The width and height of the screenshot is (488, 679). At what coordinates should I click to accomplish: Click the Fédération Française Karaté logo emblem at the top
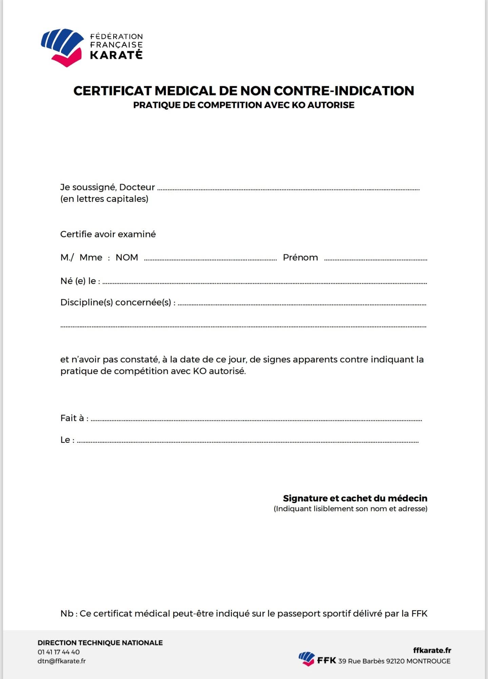coord(62,47)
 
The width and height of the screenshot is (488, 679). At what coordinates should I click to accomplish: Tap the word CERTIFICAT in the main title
coord(112,91)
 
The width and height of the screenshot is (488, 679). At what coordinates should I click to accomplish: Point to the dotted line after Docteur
coord(288,189)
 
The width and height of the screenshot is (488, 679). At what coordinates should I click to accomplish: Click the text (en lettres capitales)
coord(104,199)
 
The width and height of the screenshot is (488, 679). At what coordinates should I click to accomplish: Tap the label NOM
coord(127,258)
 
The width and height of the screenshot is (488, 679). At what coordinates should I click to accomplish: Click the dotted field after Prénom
coord(375,259)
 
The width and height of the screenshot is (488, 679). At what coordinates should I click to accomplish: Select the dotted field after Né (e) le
coord(264,283)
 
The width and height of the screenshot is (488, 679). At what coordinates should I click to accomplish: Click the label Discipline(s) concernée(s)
coord(118,302)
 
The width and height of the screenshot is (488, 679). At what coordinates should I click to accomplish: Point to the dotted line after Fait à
coord(256,420)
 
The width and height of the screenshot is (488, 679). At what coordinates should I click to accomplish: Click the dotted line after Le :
coord(247,442)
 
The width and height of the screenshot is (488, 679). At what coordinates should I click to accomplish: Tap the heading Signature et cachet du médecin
coord(355,498)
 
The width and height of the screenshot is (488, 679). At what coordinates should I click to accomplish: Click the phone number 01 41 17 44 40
coord(59,652)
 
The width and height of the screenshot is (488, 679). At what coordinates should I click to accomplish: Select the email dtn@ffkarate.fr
coord(61,661)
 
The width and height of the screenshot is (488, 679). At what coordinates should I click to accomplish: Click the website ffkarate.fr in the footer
coord(432,650)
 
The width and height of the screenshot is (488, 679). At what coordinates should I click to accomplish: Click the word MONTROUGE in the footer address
coord(428,661)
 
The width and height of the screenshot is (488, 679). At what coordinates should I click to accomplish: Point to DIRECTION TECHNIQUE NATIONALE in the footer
coord(100,643)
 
